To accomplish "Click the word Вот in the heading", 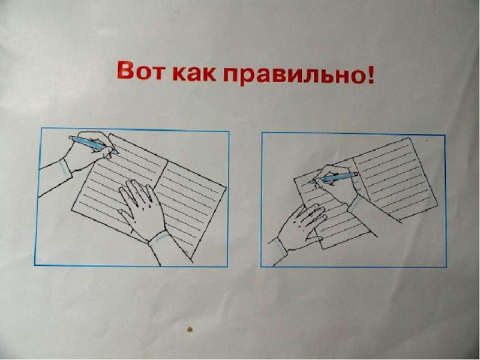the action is coord(140,70).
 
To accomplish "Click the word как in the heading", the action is coord(194,73).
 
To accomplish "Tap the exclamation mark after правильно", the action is coord(370,74).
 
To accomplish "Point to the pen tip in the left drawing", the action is coord(116,152).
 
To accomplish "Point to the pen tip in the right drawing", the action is coord(311,182).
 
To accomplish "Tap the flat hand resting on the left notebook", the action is coord(142,209).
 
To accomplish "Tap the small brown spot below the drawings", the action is coord(190,329).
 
